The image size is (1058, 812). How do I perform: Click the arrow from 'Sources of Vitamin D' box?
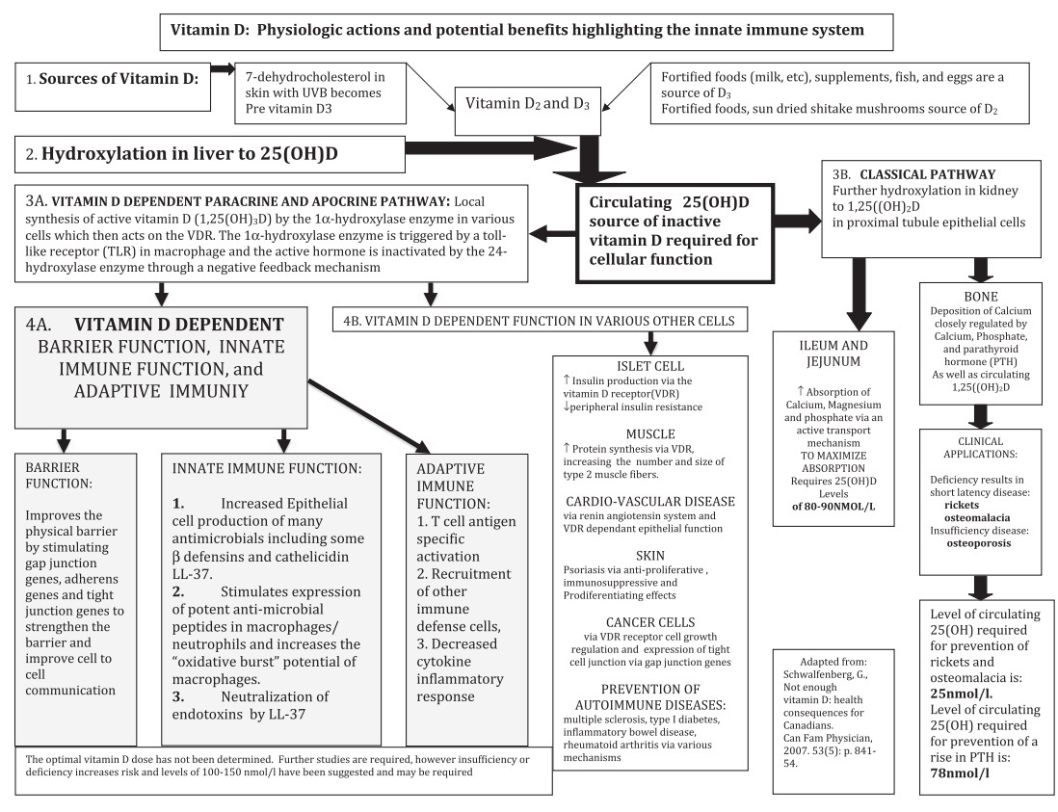223,68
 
